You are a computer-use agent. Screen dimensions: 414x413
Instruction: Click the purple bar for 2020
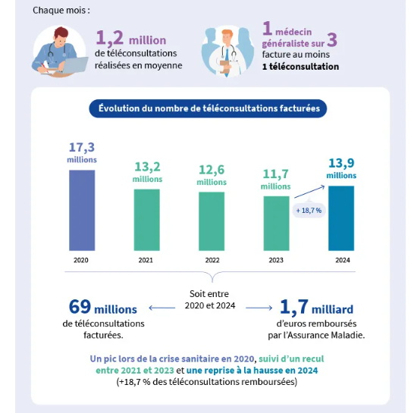pos(82,211)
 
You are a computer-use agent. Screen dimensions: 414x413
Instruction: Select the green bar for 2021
pos(147,220)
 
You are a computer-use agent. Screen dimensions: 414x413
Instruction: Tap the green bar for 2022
pos(212,221)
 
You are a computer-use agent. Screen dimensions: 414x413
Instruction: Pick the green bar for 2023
pos(276,224)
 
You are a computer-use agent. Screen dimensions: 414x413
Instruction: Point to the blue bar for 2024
pos(341,218)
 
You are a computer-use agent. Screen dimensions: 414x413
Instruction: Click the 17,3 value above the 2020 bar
pos(82,148)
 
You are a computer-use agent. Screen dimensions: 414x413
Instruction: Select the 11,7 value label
pos(276,174)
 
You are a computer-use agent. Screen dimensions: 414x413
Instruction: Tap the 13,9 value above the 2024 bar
pos(341,164)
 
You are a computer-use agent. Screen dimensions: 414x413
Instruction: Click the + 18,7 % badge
pos(309,211)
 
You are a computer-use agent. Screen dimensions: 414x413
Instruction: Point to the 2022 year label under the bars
pos(212,260)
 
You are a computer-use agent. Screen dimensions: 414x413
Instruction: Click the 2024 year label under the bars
pos(343,260)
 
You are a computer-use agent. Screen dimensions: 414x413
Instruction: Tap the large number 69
pos(80,307)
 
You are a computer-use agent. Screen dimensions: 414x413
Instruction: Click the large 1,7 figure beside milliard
pos(294,307)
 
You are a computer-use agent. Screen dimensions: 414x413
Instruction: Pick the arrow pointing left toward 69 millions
pos(162,308)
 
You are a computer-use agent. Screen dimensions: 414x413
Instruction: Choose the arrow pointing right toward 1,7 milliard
pos(259,308)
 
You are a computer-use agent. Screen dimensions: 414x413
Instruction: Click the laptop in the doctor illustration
pos(74,65)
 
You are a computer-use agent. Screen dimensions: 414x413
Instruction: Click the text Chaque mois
pos(61,11)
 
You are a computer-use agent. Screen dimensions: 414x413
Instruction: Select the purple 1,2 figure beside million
pos(110,37)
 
